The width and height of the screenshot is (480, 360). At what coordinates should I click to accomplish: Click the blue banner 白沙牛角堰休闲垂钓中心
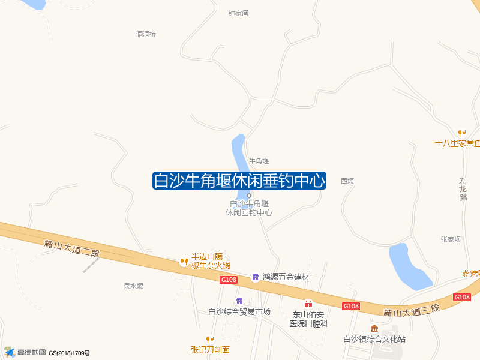click(239, 180)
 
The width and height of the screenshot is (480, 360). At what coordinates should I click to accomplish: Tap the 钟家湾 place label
click(238, 13)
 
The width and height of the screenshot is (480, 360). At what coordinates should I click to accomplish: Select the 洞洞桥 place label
click(146, 34)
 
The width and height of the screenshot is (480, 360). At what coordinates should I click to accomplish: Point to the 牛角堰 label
click(259, 161)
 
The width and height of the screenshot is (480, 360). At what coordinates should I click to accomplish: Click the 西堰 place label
click(347, 181)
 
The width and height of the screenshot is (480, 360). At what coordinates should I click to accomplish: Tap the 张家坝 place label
click(450, 239)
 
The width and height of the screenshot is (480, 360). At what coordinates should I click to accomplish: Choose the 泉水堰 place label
click(134, 286)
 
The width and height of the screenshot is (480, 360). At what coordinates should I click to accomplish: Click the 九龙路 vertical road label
click(463, 189)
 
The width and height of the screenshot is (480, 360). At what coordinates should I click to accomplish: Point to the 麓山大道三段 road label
click(412, 310)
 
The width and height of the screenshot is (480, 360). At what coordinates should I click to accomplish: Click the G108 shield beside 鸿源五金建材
click(229, 280)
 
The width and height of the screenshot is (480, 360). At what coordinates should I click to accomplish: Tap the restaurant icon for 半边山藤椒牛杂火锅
click(184, 261)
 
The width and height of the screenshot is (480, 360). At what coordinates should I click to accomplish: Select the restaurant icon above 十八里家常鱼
click(461, 133)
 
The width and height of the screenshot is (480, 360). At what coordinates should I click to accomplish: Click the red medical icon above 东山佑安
click(308, 304)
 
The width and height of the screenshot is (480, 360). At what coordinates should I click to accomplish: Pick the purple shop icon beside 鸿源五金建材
click(255, 276)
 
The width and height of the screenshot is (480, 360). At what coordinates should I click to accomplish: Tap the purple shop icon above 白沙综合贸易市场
click(239, 301)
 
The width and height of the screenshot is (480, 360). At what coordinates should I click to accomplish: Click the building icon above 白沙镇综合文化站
click(374, 328)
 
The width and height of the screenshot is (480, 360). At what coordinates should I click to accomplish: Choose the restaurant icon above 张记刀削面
click(210, 340)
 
